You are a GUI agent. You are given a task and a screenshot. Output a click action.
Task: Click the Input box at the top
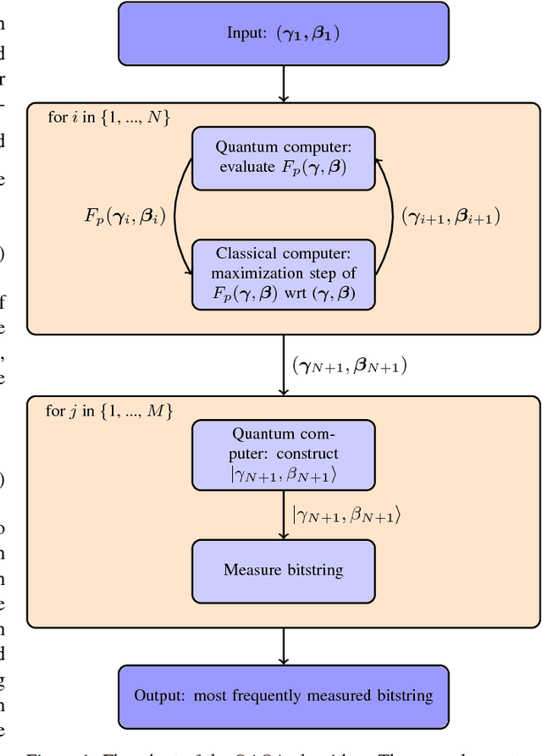pyautogui.click(x=284, y=33)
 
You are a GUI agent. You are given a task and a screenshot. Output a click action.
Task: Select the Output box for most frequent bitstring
pyautogui.click(x=284, y=696)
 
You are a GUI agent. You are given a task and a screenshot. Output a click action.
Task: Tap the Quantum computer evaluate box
pyautogui.click(x=284, y=157)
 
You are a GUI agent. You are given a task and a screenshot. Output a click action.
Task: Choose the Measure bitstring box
pyautogui.click(x=284, y=570)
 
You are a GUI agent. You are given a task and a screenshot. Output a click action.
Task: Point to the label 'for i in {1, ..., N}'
pyautogui.click(x=108, y=118)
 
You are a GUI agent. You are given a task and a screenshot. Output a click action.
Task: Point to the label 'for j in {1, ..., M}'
pyautogui.click(x=109, y=411)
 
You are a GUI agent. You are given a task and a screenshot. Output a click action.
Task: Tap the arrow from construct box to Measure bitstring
pyautogui.click(x=284, y=515)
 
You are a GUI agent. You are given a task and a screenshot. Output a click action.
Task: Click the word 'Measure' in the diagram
pyautogui.click(x=248, y=570)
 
